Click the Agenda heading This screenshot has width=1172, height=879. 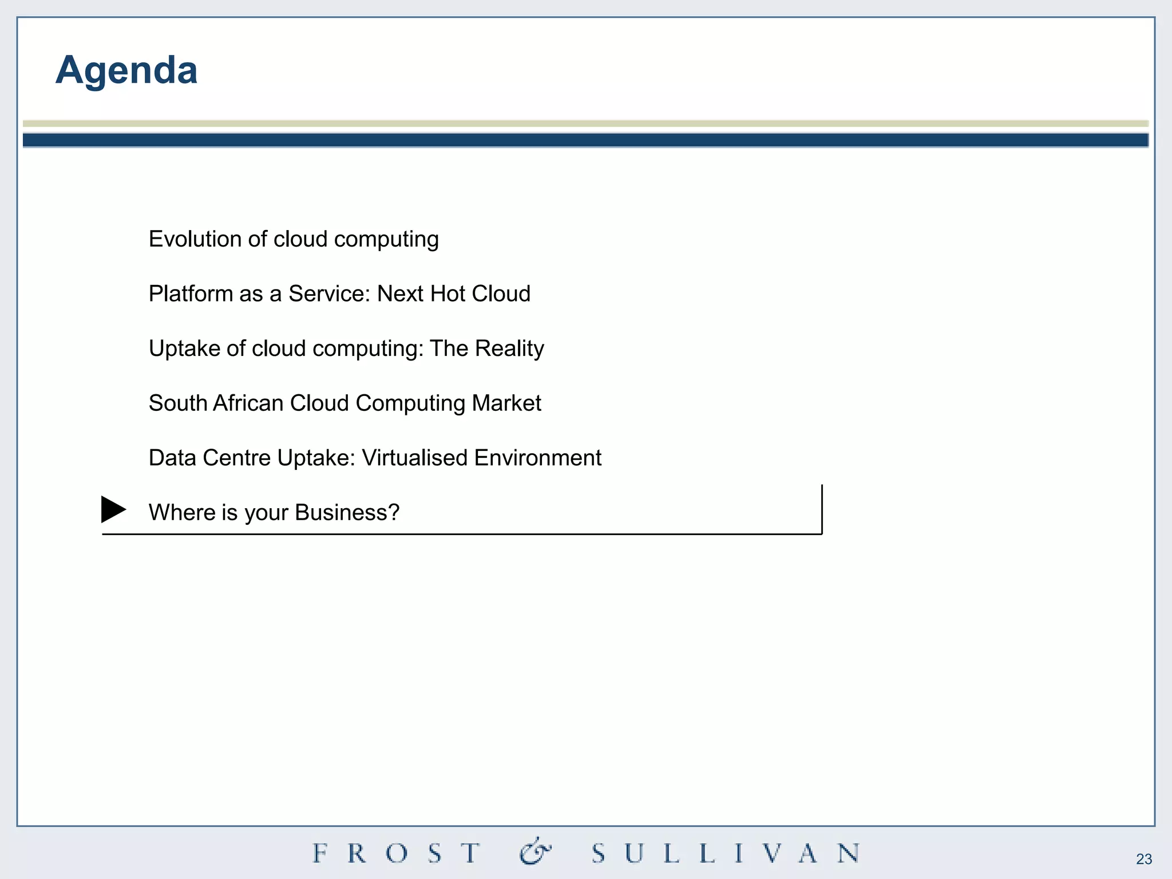(126, 70)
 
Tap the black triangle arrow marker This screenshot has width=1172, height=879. (113, 509)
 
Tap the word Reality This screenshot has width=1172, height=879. (509, 349)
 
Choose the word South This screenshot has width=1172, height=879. (177, 403)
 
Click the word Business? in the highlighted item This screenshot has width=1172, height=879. (347, 513)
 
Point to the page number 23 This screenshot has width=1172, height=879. (1144, 859)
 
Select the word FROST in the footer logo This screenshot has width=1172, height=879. (397, 853)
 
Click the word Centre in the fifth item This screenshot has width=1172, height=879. (236, 458)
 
